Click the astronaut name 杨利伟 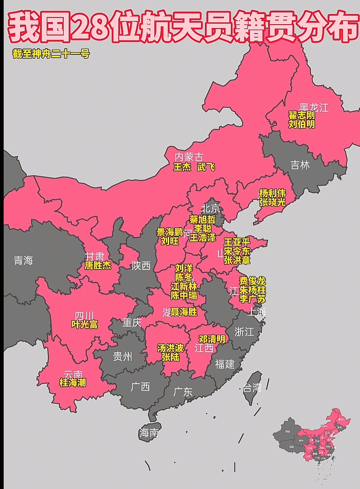click(x=272, y=193)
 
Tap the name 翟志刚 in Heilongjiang click(x=302, y=115)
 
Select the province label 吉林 click(x=300, y=165)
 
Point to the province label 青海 click(x=23, y=260)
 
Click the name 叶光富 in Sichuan click(x=84, y=324)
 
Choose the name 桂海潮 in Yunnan click(x=73, y=383)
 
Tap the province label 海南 click(x=149, y=433)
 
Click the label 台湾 click(x=252, y=388)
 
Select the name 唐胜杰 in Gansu click(x=98, y=266)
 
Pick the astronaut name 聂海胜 click(x=184, y=312)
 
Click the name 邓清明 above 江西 click(x=212, y=339)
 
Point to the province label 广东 click(x=183, y=392)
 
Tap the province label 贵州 click(x=122, y=356)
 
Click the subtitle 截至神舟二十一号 click(x=51, y=54)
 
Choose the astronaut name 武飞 click(x=206, y=167)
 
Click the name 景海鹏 click(x=169, y=232)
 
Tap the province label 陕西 click(x=141, y=266)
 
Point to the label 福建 click(x=225, y=364)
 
